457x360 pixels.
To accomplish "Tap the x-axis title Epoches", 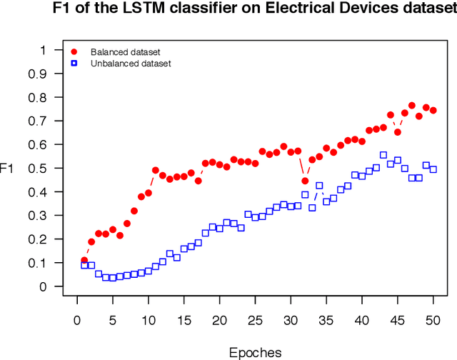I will (x=255, y=352).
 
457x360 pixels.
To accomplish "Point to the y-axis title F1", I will (x=6, y=169).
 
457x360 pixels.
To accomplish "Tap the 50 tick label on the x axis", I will (x=433, y=320).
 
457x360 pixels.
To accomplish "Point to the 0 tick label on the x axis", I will (x=77, y=320).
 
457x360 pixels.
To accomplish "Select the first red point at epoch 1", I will (x=84, y=261).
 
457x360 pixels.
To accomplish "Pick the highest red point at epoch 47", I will (x=411, y=106).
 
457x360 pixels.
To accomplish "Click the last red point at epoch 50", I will (x=433, y=111).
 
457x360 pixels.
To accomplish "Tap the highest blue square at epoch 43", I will (x=383, y=155).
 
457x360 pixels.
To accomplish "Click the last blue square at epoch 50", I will (x=433, y=169).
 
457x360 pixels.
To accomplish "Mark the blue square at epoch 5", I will (x=113, y=278).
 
